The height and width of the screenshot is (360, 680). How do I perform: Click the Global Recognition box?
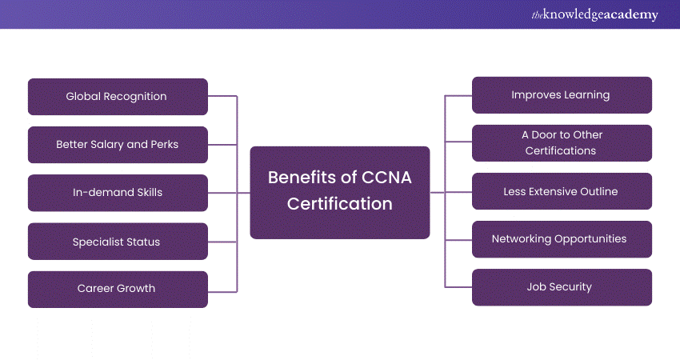pos(118,97)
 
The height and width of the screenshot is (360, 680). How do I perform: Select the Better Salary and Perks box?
pos(118,145)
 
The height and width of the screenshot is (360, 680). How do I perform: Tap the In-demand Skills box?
pos(118,193)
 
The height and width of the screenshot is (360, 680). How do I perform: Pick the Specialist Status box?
pos(118,242)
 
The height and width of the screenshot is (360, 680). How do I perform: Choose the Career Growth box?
pos(118,289)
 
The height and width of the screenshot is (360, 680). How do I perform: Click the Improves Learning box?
pos(562,95)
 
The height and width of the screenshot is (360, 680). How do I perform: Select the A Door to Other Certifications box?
pos(562,143)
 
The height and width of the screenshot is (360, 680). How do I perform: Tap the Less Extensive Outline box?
pos(562,191)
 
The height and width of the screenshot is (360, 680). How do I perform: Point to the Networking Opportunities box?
pos(562,239)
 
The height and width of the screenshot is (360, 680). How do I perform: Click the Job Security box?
pos(562,287)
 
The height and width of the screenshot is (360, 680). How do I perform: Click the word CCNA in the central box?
pos(385,178)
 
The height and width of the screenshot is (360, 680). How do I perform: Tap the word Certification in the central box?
pos(340,204)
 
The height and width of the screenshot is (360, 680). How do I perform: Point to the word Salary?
pos(110,145)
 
